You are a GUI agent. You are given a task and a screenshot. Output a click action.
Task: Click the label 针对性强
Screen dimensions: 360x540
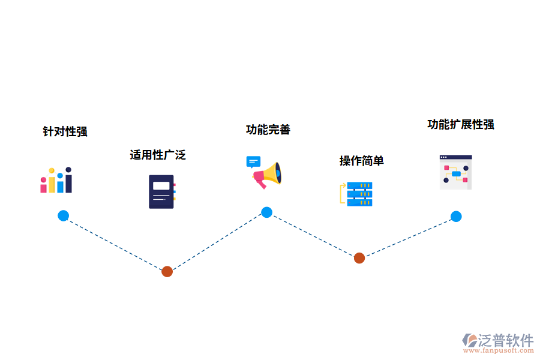pos(65,131)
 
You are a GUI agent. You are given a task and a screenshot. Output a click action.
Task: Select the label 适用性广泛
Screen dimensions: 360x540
pos(158,155)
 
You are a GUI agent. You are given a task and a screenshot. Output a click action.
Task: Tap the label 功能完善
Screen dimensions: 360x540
pos(268,130)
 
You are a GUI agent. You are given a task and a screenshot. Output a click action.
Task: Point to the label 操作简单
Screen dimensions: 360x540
pos(361,161)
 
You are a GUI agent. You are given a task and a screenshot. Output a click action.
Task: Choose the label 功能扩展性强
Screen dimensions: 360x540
pos(460,124)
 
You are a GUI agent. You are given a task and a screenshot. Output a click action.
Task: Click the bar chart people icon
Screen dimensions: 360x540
pos(56,181)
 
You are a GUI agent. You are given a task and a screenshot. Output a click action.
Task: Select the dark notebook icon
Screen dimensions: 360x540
pos(161,191)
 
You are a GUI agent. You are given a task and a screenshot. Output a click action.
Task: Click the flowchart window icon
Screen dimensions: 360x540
pos(455,172)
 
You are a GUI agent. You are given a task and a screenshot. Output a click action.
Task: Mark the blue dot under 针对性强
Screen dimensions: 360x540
pos(63,216)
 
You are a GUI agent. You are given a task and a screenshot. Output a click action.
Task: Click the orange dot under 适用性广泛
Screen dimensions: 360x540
pos(167,271)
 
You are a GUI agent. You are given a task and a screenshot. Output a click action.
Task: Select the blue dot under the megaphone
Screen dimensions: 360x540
pos(266,212)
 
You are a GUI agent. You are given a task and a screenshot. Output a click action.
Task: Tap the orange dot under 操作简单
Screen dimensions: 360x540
pos(359,258)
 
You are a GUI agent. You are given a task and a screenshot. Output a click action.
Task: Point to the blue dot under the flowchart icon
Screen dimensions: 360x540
pos(456,217)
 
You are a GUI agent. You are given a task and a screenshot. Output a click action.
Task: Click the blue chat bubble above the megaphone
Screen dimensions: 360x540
pos(253,162)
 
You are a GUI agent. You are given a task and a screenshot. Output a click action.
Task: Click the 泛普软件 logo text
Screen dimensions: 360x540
pos(506,340)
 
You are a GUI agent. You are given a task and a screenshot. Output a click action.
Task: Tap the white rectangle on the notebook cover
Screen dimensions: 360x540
pos(161,185)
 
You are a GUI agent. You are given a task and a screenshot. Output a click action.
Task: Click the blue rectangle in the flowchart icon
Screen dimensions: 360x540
pos(456,174)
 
